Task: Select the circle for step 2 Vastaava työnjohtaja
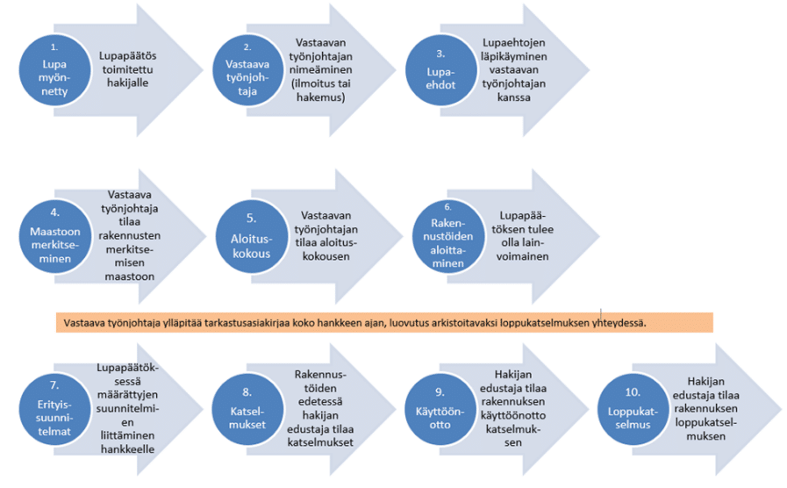(247, 66)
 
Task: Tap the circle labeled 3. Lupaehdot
(440, 67)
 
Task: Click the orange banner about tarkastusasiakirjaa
(383, 322)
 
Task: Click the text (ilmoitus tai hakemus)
(326, 91)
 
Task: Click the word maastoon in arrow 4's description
(132, 276)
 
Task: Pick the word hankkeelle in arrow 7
(132, 449)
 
